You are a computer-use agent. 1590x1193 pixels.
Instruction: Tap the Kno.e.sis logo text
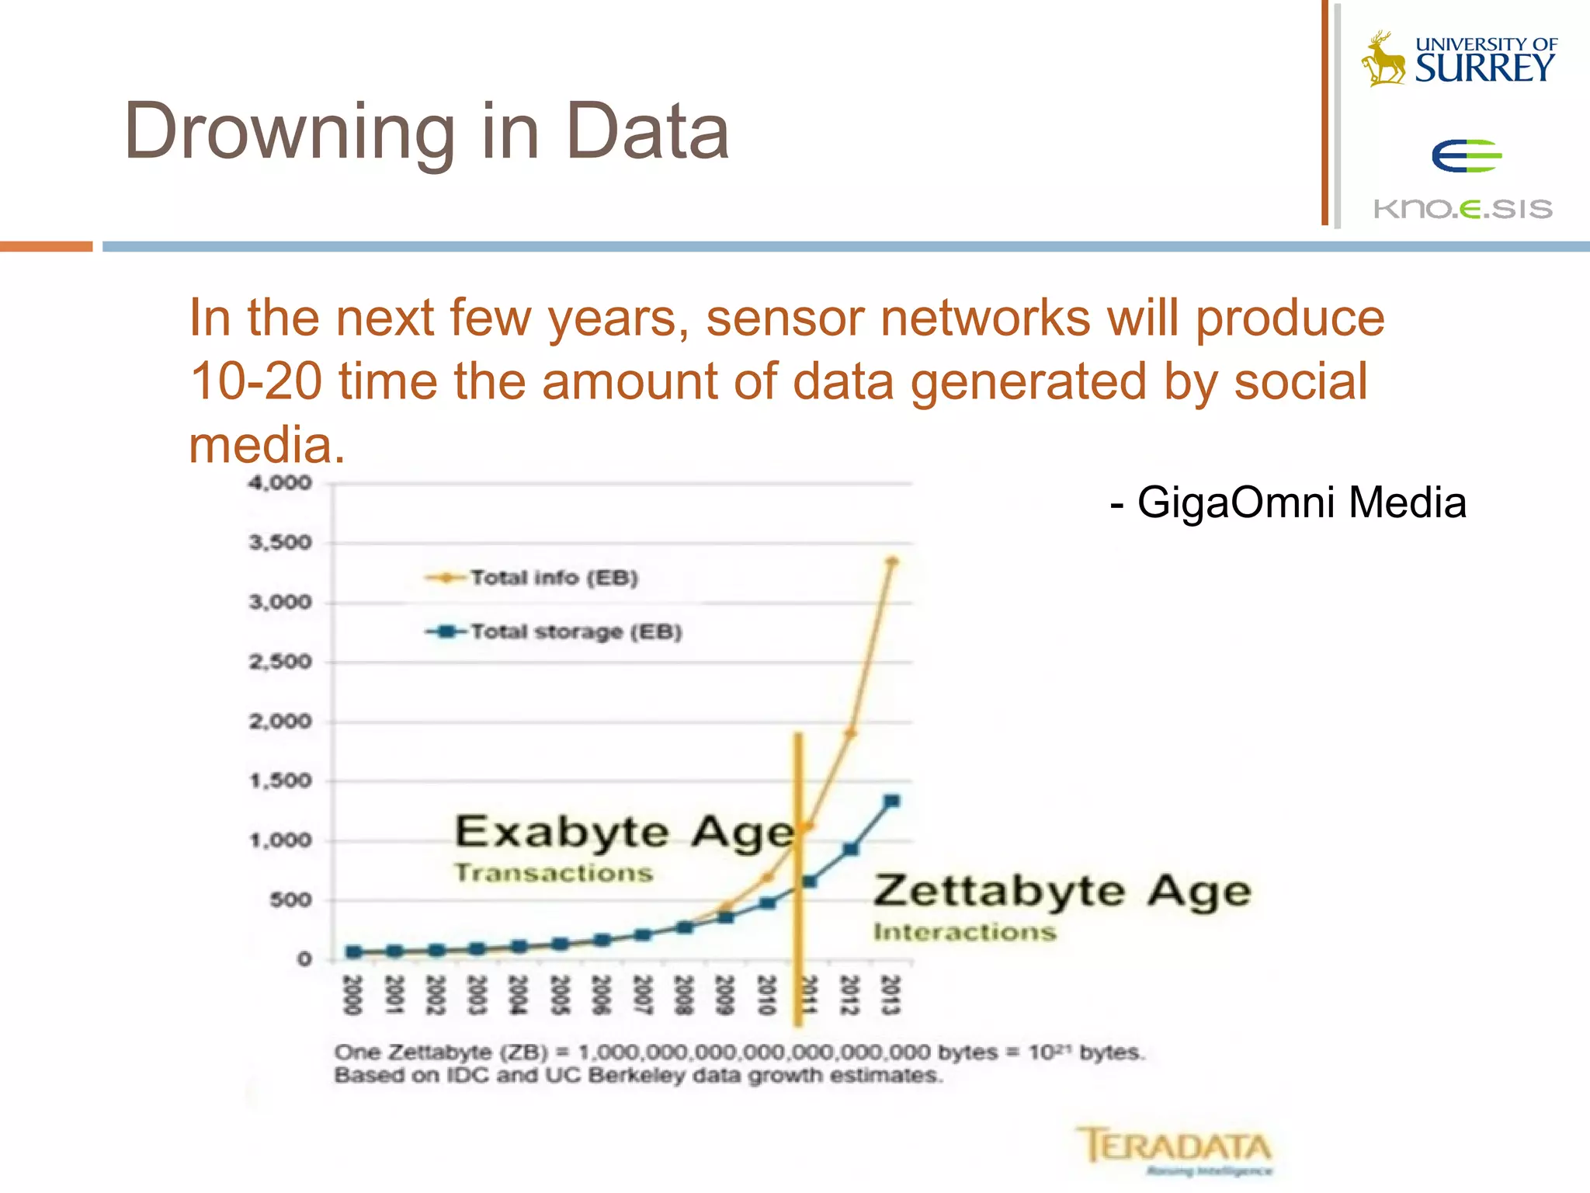[1463, 209]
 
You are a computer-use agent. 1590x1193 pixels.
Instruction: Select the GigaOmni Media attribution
[1289, 502]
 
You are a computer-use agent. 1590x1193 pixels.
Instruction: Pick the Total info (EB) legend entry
[554, 578]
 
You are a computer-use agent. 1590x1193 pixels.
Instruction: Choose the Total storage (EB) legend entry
[575, 631]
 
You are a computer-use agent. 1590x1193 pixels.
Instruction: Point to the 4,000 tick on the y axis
[279, 483]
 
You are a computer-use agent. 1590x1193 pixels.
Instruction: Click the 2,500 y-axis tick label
[279, 662]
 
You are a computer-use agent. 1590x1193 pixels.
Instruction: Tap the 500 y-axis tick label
[290, 900]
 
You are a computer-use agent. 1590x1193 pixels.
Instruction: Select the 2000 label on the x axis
[352, 995]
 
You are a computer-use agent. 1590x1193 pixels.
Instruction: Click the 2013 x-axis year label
[890, 995]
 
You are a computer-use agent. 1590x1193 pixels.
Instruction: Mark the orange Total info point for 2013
[892, 561]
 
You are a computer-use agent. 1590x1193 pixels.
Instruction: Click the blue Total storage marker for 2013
[892, 801]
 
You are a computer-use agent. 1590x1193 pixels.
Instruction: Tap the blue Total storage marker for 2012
[851, 849]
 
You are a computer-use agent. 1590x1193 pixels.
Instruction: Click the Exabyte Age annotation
[625, 833]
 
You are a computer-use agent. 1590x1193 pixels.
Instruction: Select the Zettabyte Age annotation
[1062, 892]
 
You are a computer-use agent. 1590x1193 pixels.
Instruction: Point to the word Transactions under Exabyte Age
[554, 873]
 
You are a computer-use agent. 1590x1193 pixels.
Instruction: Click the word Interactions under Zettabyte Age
[964, 931]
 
